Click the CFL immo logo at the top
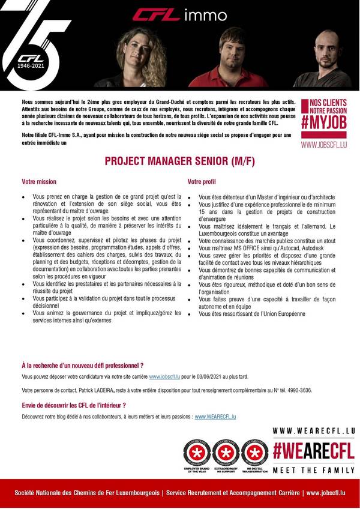[179, 14]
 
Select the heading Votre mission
[39, 181]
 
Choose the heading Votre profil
[202, 181]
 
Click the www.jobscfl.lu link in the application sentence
[164, 376]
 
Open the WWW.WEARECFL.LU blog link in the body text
[215, 416]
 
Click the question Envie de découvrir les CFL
[73, 405]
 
